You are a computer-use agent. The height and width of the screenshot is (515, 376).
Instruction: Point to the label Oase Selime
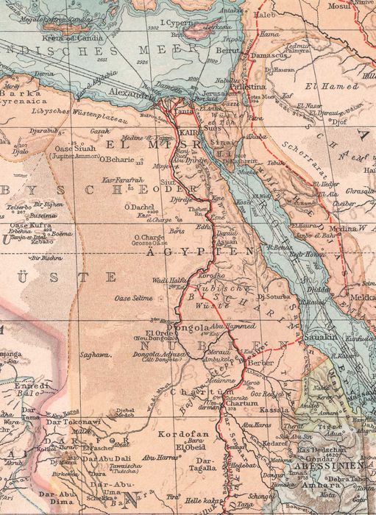(133, 298)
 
